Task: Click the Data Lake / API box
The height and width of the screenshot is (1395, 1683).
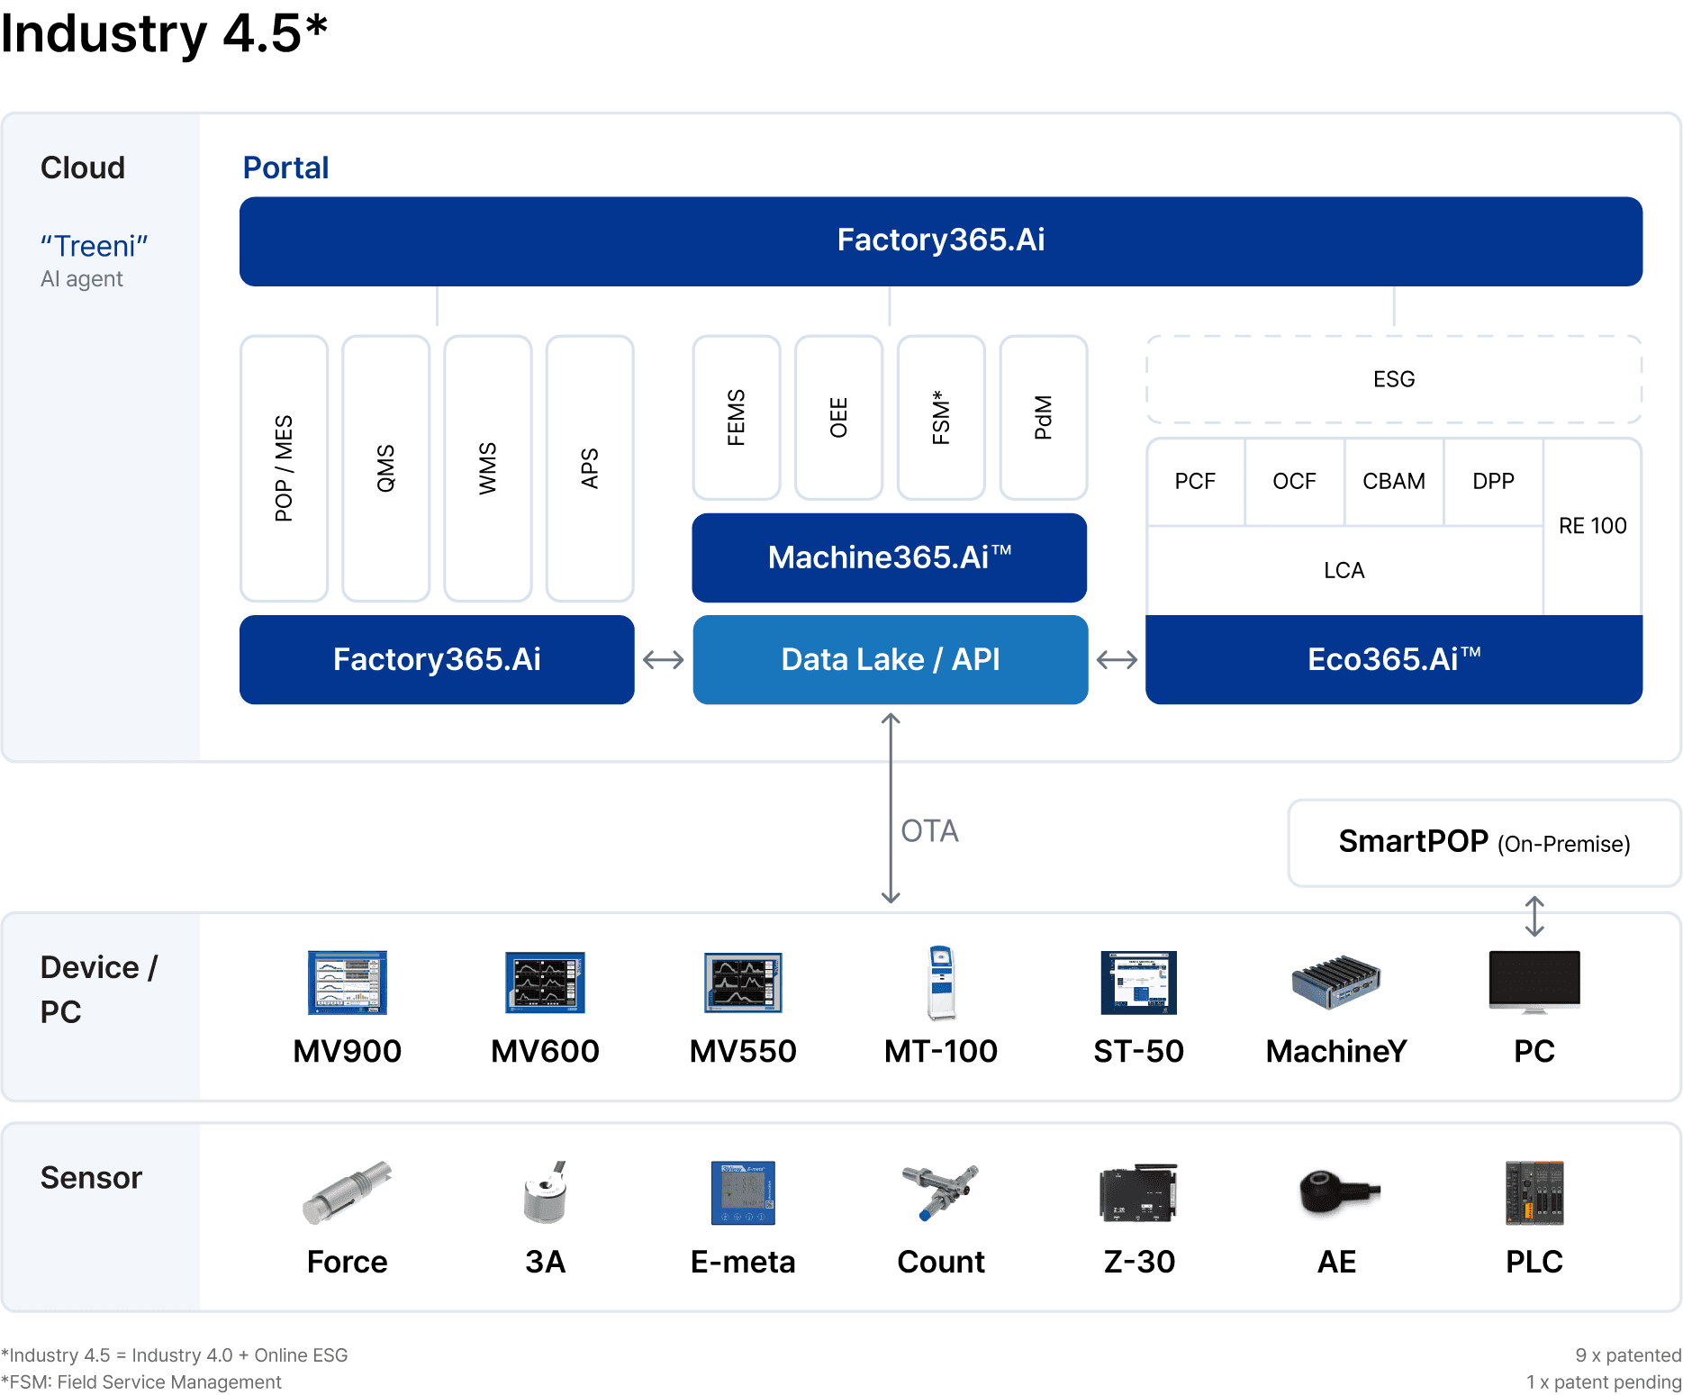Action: (890, 659)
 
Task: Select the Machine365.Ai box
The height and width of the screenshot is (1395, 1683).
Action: (889, 557)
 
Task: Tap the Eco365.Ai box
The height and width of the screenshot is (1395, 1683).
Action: (1394, 659)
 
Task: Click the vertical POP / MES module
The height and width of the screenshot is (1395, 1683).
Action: (284, 468)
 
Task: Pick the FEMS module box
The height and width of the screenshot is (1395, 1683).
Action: (736, 418)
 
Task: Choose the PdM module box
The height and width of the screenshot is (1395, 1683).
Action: (1043, 418)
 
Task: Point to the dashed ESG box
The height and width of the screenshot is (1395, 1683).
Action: (1394, 379)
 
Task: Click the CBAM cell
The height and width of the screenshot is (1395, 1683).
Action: (1394, 482)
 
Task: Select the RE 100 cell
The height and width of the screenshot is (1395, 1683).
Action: (1593, 526)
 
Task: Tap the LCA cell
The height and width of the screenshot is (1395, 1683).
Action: (1344, 570)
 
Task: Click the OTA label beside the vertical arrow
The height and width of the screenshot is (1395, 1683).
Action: (929, 830)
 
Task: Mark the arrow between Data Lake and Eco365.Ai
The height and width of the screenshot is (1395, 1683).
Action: (1117, 660)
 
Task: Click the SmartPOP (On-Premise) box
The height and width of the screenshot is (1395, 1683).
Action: (1484, 843)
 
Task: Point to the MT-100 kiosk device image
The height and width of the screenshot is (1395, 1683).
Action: (941, 983)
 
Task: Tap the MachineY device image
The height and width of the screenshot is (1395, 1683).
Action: (1336, 982)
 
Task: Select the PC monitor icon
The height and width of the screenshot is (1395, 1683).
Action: (1534, 982)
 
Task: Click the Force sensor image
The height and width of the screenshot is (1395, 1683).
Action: (347, 1192)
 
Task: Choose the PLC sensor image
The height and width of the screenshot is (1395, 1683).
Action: (1534, 1192)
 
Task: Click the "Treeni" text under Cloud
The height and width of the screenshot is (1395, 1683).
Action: (95, 246)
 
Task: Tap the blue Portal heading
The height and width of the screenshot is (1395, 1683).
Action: (285, 168)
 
